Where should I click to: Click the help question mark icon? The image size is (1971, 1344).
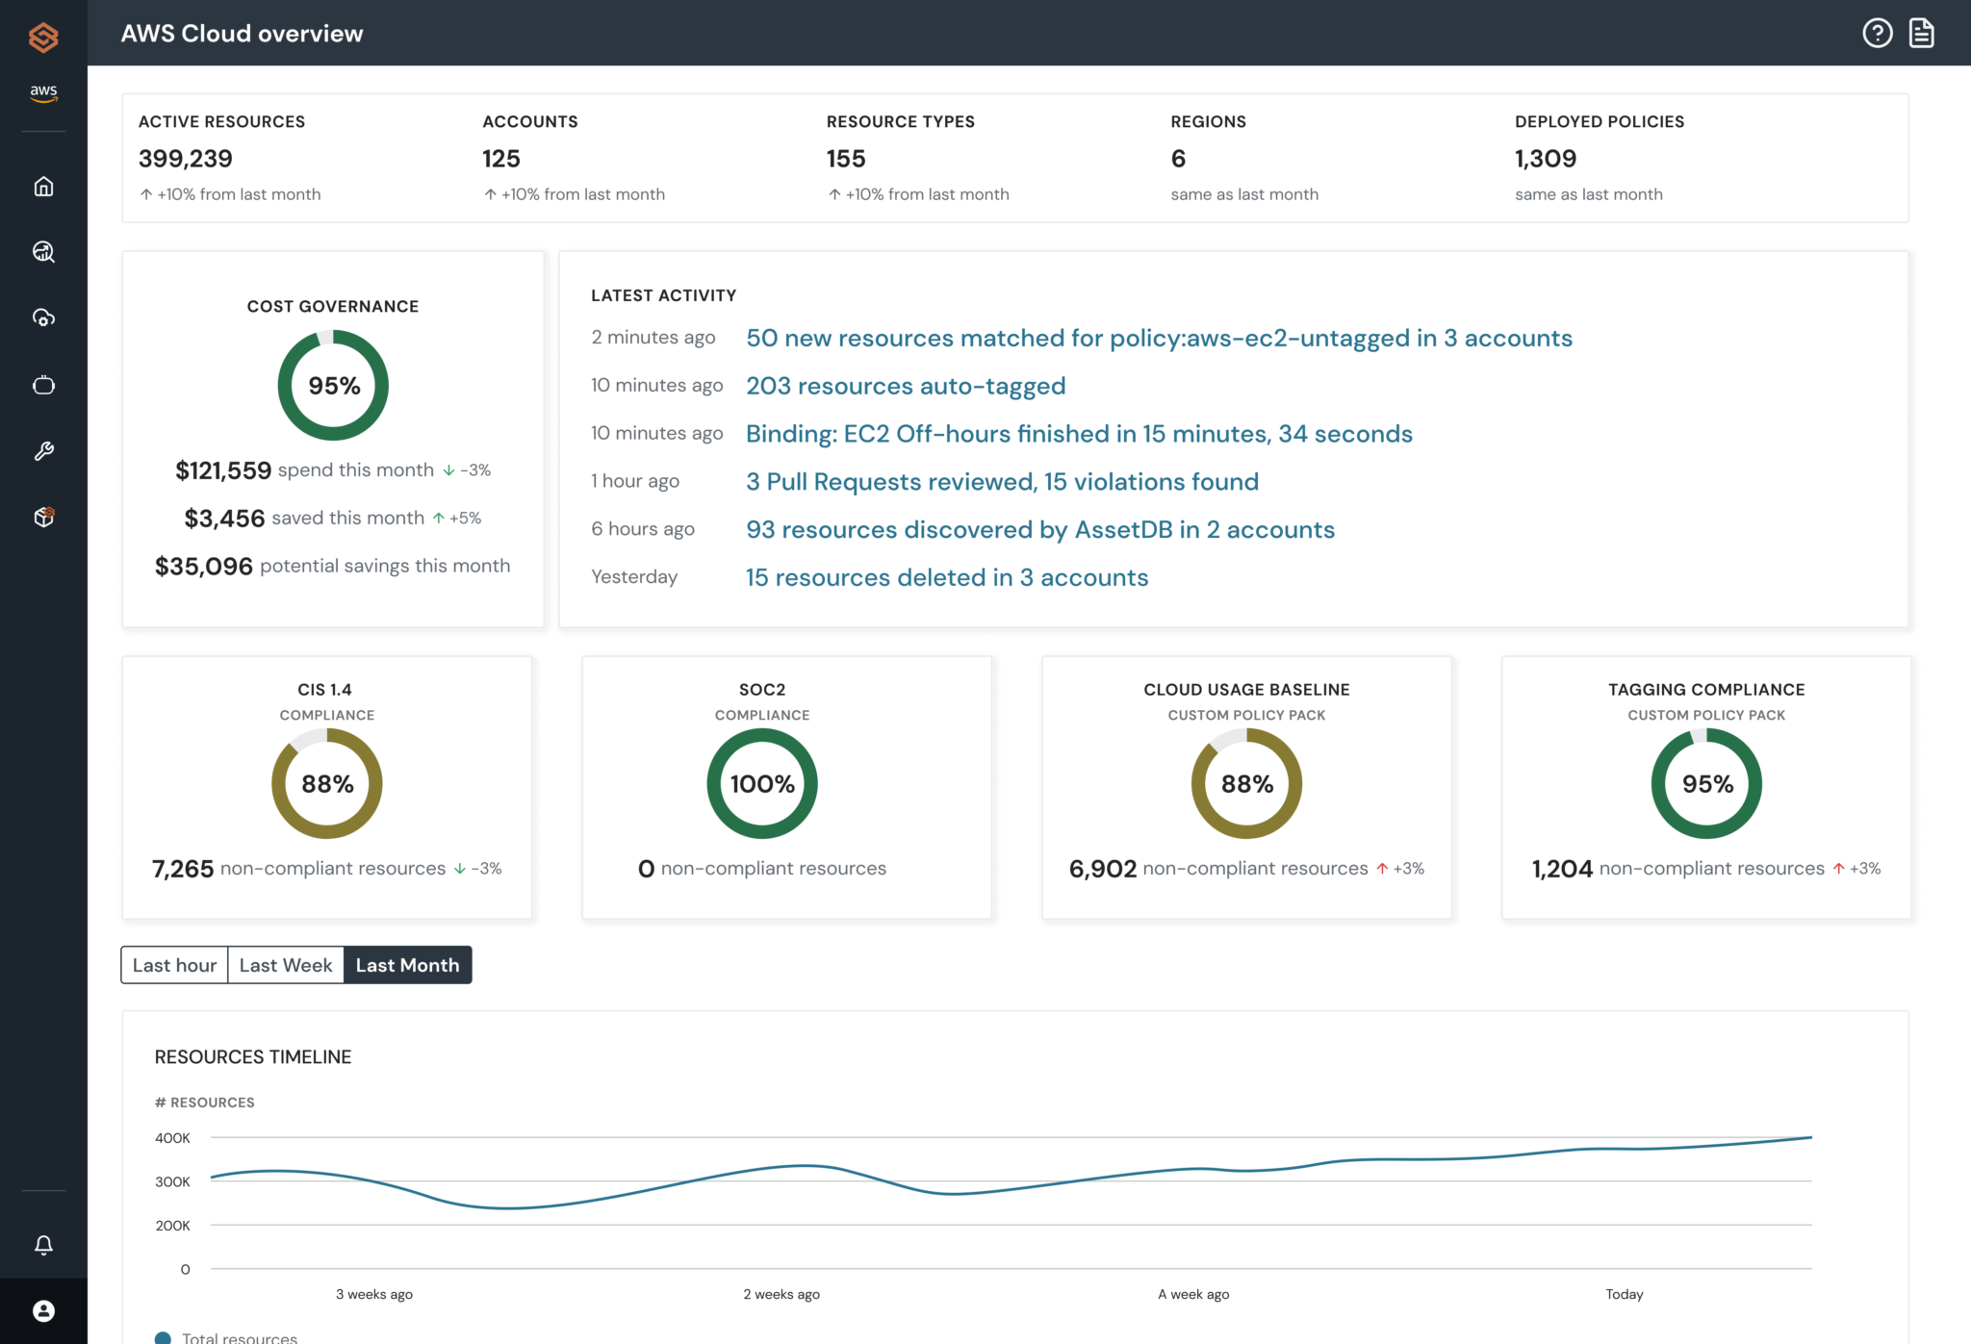(x=1877, y=33)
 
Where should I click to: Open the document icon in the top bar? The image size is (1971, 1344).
(x=1921, y=33)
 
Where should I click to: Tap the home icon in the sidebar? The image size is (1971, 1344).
(x=43, y=186)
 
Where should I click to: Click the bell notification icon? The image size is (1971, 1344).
(x=43, y=1245)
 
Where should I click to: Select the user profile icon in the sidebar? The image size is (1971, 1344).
(x=43, y=1310)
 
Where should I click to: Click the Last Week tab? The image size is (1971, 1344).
(x=285, y=965)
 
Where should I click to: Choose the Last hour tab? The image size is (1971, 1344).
(x=174, y=965)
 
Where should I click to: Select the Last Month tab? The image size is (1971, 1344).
(x=407, y=965)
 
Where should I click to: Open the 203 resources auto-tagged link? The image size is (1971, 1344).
(x=906, y=386)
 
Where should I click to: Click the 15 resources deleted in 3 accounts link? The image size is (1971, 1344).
(x=947, y=577)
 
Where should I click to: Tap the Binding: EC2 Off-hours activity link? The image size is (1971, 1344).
(x=1079, y=434)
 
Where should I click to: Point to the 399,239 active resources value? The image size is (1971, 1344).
(x=186, y=159)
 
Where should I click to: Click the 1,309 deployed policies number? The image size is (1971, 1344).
(x=1546, y=159)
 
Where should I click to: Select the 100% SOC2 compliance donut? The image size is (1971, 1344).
(x=762, y=783)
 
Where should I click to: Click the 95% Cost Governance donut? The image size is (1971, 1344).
(x=333, y=385)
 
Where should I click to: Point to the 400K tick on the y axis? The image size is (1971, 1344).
(x=173, y=1138)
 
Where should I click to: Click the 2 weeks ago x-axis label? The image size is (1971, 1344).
(x=781, y=1294)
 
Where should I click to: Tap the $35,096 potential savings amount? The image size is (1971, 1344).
(x=204, y=566)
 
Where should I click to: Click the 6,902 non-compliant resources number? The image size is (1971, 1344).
(x=1103, y=869)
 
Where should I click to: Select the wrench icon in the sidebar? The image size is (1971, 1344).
(x=43, y=451)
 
